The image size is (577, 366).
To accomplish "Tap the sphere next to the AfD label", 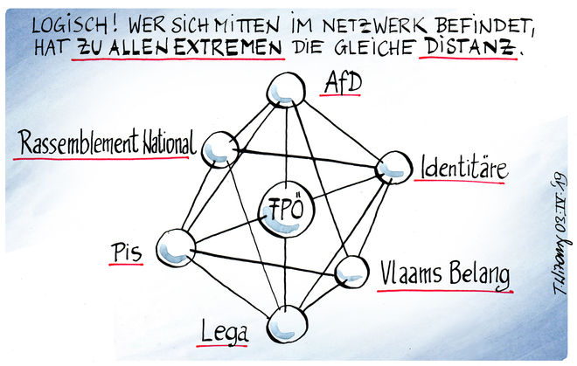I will click(284, 89).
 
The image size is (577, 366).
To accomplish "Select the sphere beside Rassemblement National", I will click(219, 149).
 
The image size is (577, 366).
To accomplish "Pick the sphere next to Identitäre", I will click(392, 168).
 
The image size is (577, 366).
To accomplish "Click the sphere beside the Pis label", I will click(177, 247).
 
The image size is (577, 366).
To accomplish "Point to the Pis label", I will click(126, 252).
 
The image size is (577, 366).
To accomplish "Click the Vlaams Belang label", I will click(444, 273).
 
